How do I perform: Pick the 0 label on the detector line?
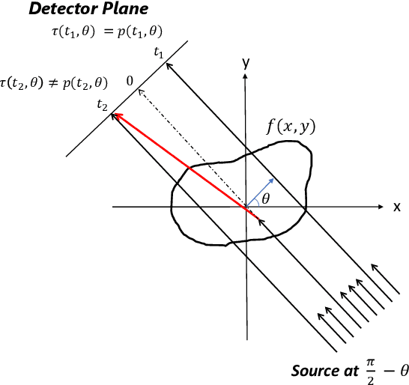tap(130, 79)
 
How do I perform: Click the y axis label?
tap(245, 64)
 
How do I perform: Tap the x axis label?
tap(397, 206)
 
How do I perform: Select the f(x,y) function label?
tap(291, 126)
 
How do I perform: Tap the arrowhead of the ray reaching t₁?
tap(169, 67)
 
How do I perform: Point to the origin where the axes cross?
tap(246, 206)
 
